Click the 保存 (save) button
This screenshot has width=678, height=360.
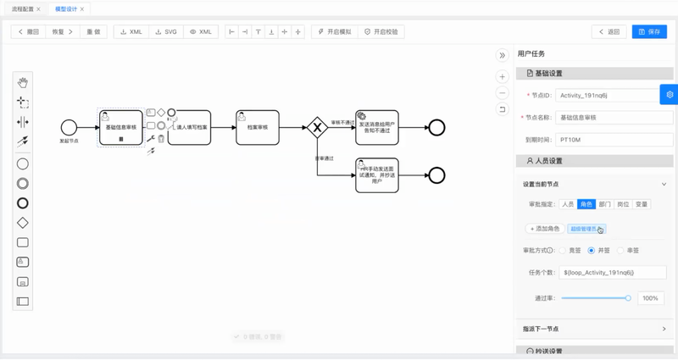tap(650, 32)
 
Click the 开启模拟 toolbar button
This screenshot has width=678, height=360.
tap(333, 32)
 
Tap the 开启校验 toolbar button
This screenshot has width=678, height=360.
tap(381, 32)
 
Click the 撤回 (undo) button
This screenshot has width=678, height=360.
tap(28, 32)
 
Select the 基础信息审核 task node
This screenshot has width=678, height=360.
tap(121, 127)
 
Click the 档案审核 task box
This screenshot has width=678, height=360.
tap(258, 127)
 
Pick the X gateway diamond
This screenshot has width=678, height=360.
tap(318, 127)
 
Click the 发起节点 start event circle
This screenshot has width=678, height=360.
tap(69, 127)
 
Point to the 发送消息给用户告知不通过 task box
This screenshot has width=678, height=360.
tap(376, 127)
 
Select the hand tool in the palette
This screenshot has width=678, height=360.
tap(23, 82)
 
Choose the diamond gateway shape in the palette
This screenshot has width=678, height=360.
tap(23, 223)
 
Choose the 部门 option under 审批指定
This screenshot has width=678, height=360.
tap(604, 204)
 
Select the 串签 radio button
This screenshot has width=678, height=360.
tap(621, 251)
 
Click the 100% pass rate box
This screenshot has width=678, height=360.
tap(650, 298)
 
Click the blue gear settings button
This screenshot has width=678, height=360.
tap(670, 94)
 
